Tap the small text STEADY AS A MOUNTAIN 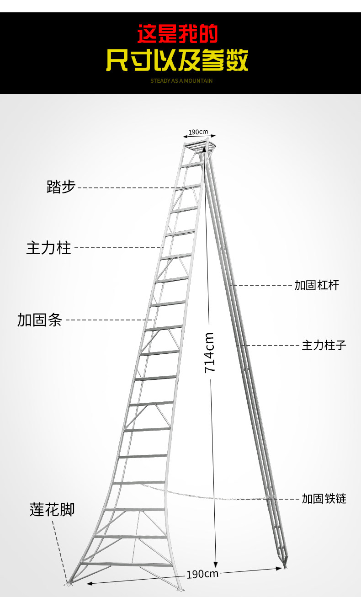181,81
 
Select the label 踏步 61,187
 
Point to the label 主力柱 49,248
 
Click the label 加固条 40,320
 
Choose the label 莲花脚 52,509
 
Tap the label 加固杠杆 317,285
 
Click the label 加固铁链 324,498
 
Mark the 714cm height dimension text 210,352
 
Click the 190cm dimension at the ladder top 198,132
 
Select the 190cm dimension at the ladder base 202,574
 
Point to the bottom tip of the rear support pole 286,567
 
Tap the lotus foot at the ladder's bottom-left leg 69,582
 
